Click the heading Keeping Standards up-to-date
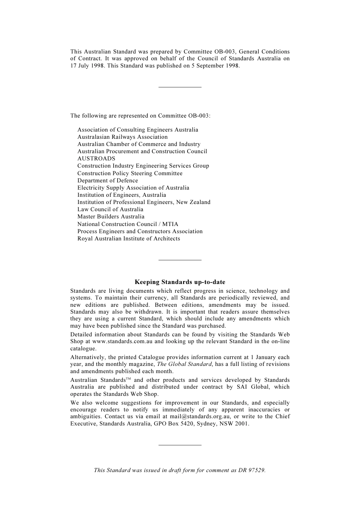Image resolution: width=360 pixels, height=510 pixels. tap(180, 282)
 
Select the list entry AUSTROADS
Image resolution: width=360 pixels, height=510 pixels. tap(96, 159)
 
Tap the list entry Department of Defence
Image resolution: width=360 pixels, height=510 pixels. tap(108, 180)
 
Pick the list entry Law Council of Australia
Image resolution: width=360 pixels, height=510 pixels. tap(110, 209)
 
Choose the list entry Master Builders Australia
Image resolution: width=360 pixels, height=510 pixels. tap(111, 217)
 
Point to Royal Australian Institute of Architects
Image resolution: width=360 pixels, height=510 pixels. tap(128, 239)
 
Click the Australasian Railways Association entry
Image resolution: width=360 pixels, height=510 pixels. tap(122, 137)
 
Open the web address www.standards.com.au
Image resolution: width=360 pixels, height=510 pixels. tap(122, 341)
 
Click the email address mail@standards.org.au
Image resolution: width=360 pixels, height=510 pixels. tap(200, 416)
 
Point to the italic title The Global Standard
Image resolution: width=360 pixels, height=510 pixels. tap(184, 364)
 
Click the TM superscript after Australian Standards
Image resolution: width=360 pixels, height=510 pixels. tap(128, 379)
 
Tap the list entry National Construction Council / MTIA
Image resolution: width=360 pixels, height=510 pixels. tap(128, 224)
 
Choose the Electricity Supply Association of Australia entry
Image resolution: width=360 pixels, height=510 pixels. tap(133, 188)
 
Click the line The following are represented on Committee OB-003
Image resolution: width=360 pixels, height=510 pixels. tap(140, 116)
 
